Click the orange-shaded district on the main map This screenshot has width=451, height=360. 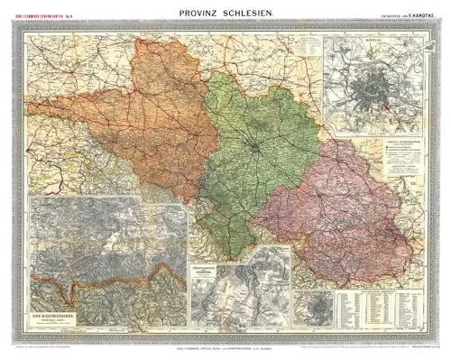162,117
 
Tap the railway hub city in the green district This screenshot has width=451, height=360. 257,144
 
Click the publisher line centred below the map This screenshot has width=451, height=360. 225,346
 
